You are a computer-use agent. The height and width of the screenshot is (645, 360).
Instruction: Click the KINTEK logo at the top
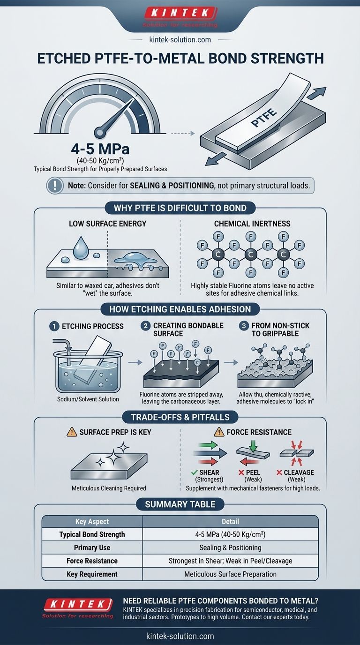point(180,17)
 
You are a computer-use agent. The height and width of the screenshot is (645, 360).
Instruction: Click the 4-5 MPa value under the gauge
point(100,149)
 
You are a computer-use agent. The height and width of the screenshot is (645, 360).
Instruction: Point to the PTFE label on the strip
point(264,118)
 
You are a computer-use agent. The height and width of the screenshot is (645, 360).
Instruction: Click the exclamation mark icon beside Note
point(55,185)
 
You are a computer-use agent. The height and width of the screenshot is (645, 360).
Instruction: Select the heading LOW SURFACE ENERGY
point(107,224)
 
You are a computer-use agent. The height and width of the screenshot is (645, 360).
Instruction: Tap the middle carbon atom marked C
point(251,255)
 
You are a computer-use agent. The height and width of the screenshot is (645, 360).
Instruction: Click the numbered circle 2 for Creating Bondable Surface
point(145,326)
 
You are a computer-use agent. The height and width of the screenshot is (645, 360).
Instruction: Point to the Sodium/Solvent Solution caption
point(88,399)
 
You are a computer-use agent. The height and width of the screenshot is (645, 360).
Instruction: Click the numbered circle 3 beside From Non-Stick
point(244,326)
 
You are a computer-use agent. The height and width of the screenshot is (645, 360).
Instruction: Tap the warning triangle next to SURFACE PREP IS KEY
point(72,432)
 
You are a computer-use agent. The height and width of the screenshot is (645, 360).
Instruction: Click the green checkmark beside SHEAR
point(194,472)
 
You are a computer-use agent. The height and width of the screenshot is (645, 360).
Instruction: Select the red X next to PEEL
point(241,472)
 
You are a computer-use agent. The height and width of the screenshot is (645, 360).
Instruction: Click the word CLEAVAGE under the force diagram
point(299,472)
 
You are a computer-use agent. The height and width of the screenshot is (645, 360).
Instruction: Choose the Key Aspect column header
point(92,521)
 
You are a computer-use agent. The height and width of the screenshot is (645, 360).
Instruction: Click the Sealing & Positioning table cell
point(231,547)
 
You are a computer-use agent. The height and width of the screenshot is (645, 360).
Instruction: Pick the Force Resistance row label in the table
point(92,561)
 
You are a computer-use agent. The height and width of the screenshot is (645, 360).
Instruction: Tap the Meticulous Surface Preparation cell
point(231,574)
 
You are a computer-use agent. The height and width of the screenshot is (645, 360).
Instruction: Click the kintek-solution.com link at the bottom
point(180,636)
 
